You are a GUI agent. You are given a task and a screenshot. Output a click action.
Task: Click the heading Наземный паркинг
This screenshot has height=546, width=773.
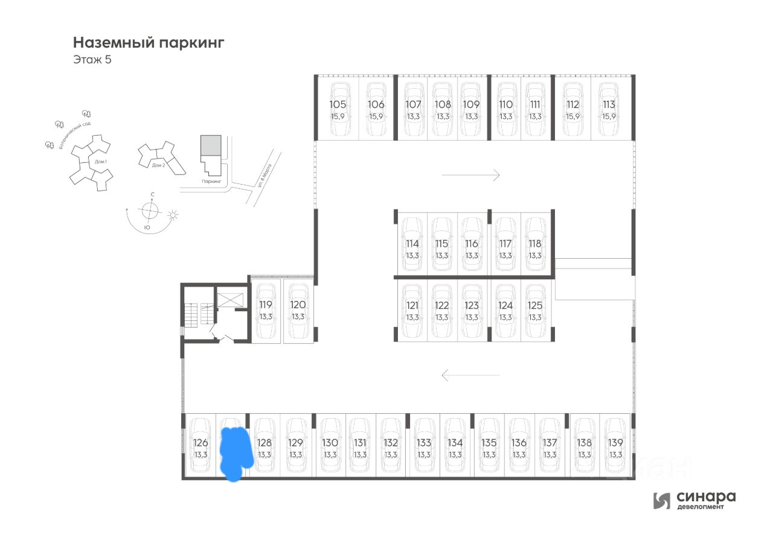[x=149, y=43]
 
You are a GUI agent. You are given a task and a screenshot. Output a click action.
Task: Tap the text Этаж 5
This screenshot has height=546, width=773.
[x=92, y=60]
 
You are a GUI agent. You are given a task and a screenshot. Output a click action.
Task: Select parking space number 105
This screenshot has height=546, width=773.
[x=338, y=109]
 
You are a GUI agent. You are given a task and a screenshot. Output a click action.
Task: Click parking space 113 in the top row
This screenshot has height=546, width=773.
[x=609, y=109]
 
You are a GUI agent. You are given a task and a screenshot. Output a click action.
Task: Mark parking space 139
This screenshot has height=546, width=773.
[x=615, y=447]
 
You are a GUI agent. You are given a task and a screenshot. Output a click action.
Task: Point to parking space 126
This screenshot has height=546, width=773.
[x=200, y=447]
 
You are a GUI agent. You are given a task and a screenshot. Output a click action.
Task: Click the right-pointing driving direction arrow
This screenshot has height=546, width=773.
[x=470, y=175]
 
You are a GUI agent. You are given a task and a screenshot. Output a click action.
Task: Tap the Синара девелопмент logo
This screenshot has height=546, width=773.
[x=694, y=500]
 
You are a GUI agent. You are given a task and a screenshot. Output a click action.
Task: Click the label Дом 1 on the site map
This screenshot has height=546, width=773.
[x=100, y=162]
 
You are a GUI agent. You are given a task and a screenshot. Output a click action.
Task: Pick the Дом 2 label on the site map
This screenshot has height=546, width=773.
[x=158, y=165]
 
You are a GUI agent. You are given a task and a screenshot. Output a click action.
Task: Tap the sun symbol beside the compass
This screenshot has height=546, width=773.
[x=173, y=215]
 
